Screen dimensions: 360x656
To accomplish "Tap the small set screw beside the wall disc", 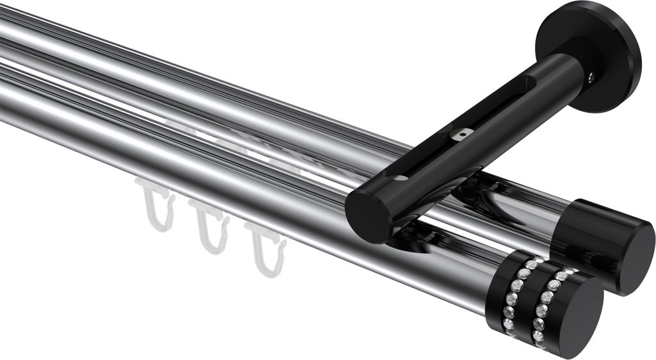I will pyautogui.click(x=590, y=78).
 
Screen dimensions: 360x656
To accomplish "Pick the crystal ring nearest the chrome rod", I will pyautogui.click(x=516, y=291).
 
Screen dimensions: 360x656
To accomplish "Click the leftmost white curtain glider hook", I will pyautogui.click(x=156, y=205).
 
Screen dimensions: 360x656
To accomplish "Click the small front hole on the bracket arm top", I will pyautogui.click(x=400, y=177).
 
